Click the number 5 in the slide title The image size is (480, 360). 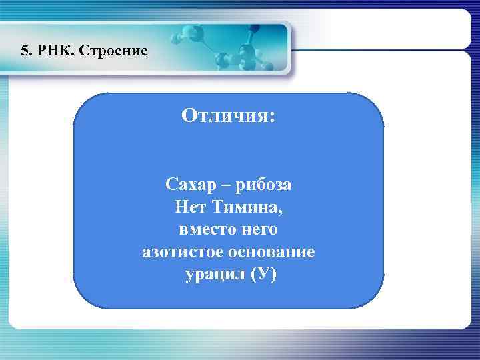tap(25, 51)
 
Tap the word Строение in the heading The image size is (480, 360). tap(113, 51)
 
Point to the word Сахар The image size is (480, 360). tap(191, 183)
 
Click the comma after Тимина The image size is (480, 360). tap(281, 211)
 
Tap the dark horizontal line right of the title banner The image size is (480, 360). tap(380, 50)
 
